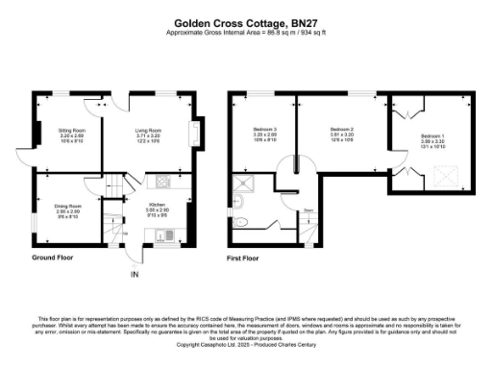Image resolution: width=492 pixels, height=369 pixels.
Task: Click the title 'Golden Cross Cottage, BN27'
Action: pos(246,19)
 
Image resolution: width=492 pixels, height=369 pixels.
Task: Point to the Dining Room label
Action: pos(68,206)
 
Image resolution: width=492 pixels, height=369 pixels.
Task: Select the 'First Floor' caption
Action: pos(243,259)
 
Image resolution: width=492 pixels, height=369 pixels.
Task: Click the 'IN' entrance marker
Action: pos(135,276)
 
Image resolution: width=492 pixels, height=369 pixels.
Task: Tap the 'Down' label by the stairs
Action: pos(309,209)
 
